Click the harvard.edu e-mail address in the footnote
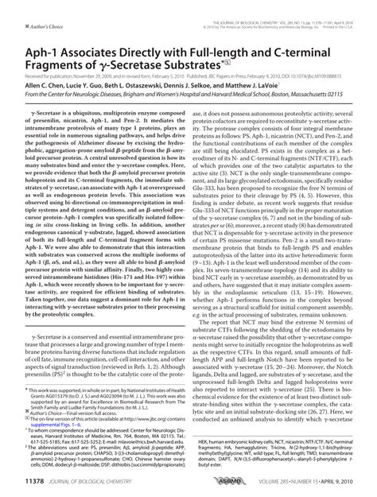pyautogui.click(x=120, y=440)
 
